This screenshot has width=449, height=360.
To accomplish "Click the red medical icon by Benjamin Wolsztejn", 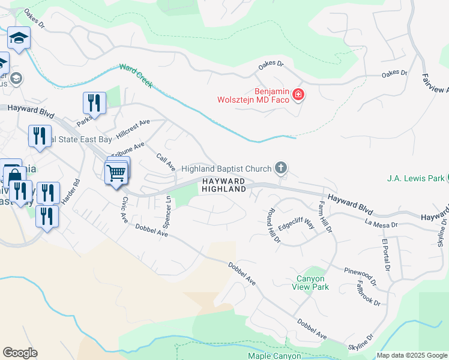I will pos(298,95).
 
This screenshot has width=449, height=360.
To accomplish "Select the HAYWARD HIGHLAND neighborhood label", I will pos(223,185).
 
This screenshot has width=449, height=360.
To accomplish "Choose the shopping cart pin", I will pos(116,173).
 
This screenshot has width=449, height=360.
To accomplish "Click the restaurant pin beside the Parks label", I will pos(94,103).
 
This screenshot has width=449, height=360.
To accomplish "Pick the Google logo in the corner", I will pos(20,353).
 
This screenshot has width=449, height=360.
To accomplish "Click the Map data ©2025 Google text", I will pos(411,355).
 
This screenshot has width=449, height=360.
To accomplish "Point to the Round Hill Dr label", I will pos(273,226).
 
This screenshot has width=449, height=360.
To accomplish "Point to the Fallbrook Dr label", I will pos(368,294).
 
